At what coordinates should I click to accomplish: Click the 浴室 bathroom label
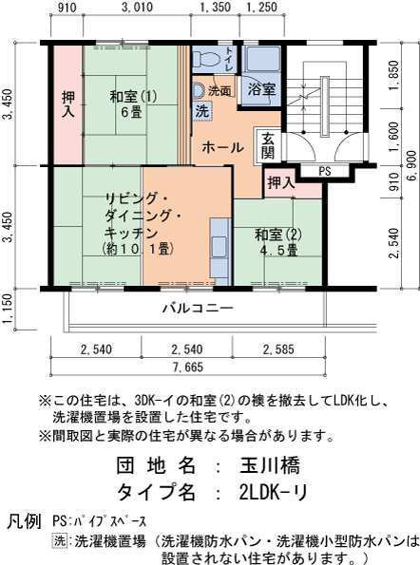click(x=261, y=89)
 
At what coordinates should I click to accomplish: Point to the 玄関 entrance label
click(x=269, y=143)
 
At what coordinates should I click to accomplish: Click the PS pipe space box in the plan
click(x=324, y=172)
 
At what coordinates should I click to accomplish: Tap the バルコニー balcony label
click(x=197, y=309)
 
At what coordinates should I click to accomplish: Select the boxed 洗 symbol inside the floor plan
click(x=202, y=111)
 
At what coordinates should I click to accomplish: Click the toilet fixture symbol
click(x=197, y=90)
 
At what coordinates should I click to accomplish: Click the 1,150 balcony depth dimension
click(x=9, y=308)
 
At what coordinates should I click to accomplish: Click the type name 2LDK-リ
click(x=274, y=492)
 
